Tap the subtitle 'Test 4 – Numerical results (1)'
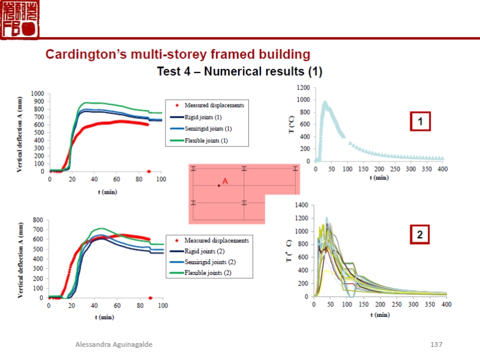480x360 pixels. [239, 71]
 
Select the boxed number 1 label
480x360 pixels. [421, 122]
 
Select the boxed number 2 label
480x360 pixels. [420, 235]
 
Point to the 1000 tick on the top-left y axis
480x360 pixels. [38, 94]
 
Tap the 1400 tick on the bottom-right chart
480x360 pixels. [302, 205]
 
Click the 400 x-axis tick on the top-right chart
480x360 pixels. [442, 169]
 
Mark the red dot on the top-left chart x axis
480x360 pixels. [149, 172]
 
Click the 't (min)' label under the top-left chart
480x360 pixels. [107, 192]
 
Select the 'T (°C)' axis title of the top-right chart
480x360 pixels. [292, 124]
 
